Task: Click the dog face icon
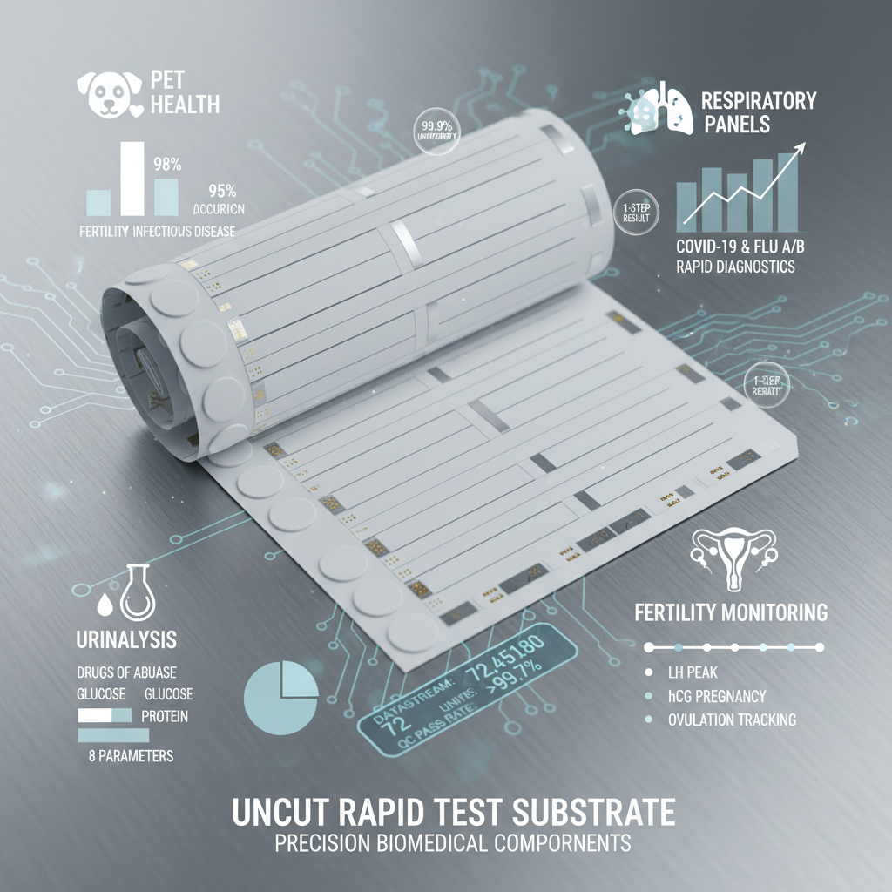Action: [x=107, y=93]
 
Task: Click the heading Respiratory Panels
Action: [x=759, y=111]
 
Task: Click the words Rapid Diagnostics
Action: [x=735, y=267]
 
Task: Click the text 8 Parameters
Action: [x=131, y=755]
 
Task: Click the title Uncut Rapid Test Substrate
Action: [x=453, y=812]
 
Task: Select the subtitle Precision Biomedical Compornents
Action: [x=453, y=843]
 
